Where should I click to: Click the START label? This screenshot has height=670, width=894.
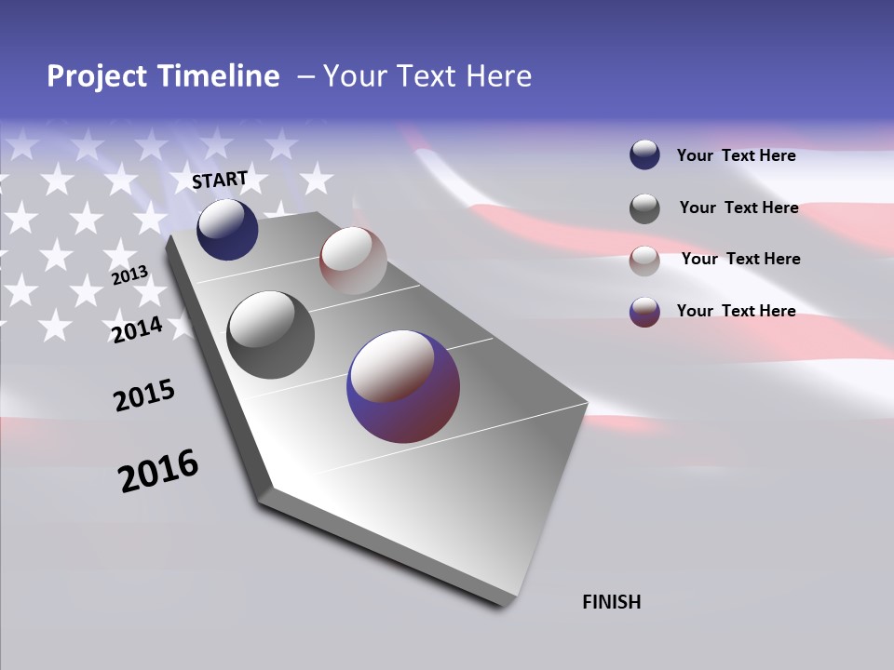pyautogui.click(x=220, y=180)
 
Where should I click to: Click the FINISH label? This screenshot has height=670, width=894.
pyautogui.click(x=611, y=602)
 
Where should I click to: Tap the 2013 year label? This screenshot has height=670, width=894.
pyautogui.click(x=129, y=276)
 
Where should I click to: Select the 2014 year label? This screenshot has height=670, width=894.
pyautogui.click(x=137, y=329)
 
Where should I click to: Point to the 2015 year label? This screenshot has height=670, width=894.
pyautogui.click(x=144, y=395)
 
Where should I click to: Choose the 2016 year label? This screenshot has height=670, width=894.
pyautogui.click(x=158, y=471)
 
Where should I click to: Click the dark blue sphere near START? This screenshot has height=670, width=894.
pyautogui.click(x=227, y=229)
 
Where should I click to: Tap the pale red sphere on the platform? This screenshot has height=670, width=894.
pyautogui.click(x=353, y=260)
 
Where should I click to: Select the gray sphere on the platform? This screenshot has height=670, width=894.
pyautogui.click(x=270, y=334)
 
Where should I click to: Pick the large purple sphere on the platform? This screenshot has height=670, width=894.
pyautogui.click(x=403, y=386)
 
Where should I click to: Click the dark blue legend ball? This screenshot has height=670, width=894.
pyautogui.click(x=644, y=155)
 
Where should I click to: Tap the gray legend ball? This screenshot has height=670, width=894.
pyautogui.click(x=644, y=208)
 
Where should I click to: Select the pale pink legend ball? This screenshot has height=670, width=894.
pyautogui.click(x=644, y=260)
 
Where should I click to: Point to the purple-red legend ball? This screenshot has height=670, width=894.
pyautogui.click(x=644, y=312)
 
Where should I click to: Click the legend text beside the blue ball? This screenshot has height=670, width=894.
pyautogui.click(x=736, y=155)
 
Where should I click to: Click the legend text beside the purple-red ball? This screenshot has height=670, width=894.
pyautogui.click(x=736, y=311)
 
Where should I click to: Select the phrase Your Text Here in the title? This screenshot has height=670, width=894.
pyautogui.click(x=427, y=76)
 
